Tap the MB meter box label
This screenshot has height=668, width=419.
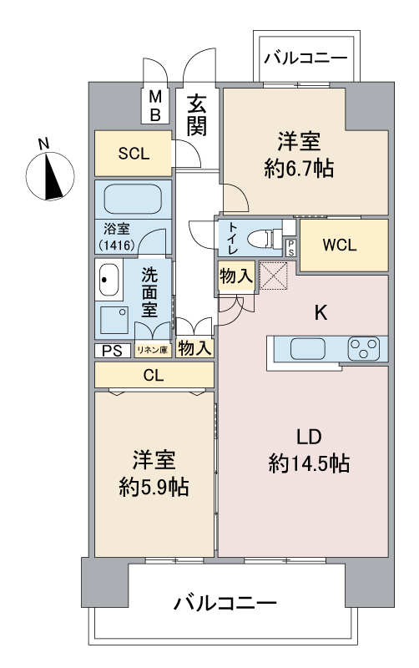point(155,106)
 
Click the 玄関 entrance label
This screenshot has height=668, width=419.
point(197,115)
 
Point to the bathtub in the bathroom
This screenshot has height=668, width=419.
point(133,200)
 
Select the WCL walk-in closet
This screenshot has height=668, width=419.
point(342,245)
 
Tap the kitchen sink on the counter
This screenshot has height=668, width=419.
point(301,348)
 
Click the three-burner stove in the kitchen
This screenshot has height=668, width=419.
point(366,347)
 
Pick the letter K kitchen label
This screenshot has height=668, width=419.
point(320,313)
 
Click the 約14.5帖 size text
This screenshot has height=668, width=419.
point(309,463)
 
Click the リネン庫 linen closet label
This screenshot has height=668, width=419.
point(153,351)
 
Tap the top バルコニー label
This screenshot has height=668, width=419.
point(307,58)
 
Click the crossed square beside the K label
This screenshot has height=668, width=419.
point(273,276)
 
